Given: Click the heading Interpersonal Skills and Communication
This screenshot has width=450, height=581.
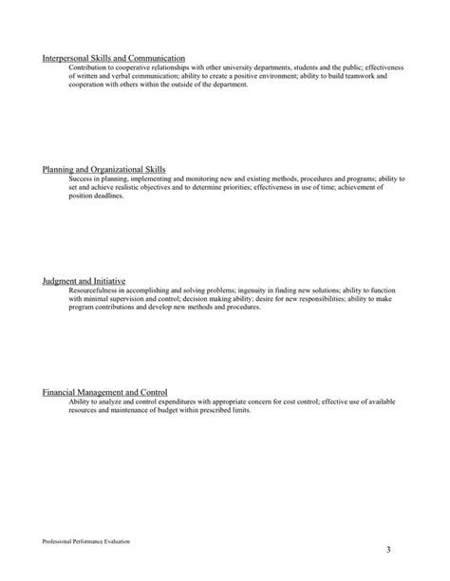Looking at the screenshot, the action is point(114,58).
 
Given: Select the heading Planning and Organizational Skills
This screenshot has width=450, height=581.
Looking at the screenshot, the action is point(104,169).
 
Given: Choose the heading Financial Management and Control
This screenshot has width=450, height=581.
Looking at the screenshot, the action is point(105,391).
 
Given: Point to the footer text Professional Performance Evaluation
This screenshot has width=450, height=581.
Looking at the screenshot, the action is point(86,540).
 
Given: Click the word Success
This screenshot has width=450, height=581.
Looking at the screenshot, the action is point(81,178).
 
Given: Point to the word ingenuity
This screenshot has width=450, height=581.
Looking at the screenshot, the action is point(251,290).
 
